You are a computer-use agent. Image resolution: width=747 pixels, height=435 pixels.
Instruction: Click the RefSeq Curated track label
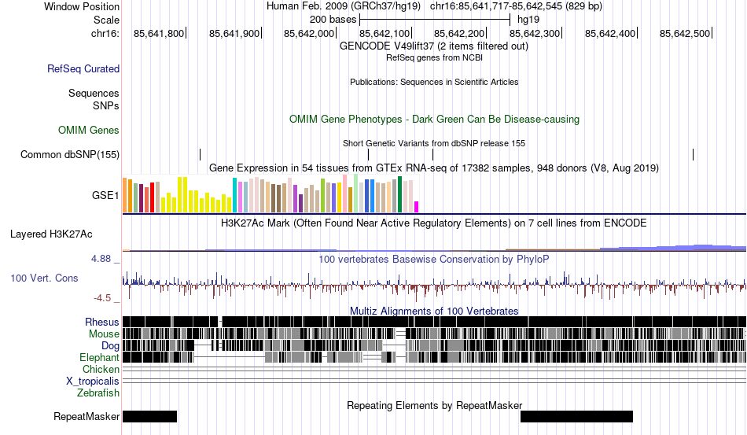[x=83, y=69]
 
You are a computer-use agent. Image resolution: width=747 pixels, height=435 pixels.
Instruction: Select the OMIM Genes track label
[x=88, y=130]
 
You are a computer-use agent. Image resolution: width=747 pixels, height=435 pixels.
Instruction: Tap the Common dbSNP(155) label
[x=69, y=154]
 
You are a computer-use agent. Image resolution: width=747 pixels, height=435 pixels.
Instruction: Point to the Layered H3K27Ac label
[x=51, y=234]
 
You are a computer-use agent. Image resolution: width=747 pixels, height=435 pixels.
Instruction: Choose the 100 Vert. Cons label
[x=44, y=278]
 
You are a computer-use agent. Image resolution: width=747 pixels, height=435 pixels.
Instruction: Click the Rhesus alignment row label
[x=102, y=322]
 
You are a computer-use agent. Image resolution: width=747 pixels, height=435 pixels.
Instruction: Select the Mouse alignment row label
[x=104, y=334]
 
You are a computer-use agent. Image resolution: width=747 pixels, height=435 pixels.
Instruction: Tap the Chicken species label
[x=101, y=369]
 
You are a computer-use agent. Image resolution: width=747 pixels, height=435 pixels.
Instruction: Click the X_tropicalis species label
[x=93, y=381]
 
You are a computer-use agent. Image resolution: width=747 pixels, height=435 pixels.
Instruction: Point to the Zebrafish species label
[x=98, y=393]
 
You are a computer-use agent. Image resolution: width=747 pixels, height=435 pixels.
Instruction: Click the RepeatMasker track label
[x=86, y=416]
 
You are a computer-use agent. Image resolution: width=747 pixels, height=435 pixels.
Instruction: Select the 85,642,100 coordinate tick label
[x=385, y=34]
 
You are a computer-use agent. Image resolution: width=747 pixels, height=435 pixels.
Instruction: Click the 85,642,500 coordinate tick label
[x=685, y=34]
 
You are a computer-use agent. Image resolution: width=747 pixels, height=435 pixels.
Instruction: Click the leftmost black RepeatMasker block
[x=149, y=416]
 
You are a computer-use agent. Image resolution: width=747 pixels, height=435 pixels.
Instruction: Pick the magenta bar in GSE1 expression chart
[x=417, y=207]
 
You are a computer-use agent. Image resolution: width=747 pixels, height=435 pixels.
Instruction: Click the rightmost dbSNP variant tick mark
[x=693, y=154]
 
